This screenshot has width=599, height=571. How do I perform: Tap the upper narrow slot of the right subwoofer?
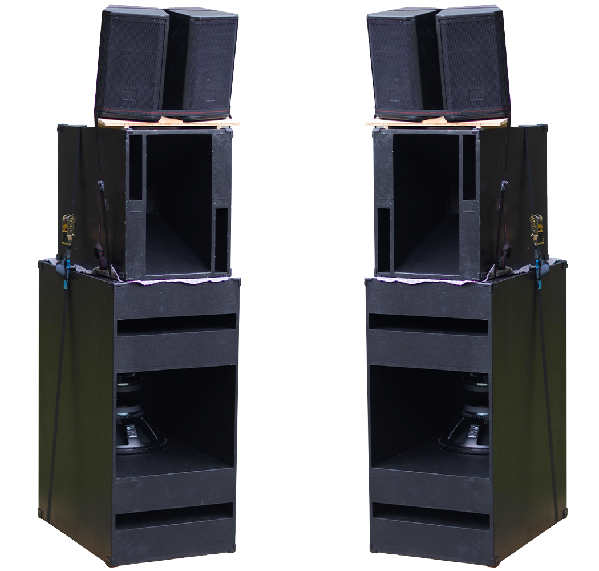[x=428, y=323]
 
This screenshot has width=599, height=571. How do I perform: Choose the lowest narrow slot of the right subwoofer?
[x=431, y=516]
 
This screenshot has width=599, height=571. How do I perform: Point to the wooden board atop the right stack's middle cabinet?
[x=434, y=122]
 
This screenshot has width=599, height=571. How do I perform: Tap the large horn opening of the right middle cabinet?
[x=426, y=203]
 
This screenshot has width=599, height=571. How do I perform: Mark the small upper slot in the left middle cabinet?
[x=136, y=167]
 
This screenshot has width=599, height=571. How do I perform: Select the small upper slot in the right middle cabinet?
[x=469, y=167]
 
